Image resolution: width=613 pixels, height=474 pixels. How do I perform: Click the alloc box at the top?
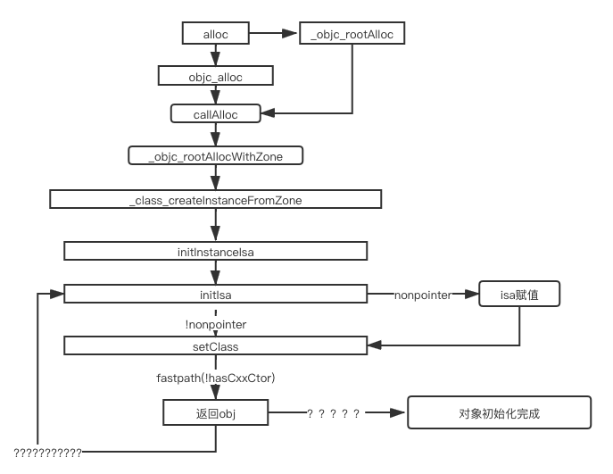pyautogui.click(x=215, y=35)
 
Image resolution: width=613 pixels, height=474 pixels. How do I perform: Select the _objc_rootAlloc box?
pyautogui.click(x=352, y=35)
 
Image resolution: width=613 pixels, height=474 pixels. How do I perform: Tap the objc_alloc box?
pyautogui.click(x=215, y=77)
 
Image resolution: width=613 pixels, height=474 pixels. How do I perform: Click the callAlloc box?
pyautogui.click(x=215, y=114)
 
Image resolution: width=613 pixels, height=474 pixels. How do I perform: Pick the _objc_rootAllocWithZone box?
pyautogui.click(x=215, y=156)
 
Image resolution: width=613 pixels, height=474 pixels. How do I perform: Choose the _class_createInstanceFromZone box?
pyautogui.click(x=215, y=200)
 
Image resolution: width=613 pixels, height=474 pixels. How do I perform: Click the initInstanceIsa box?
pyautogui.click(x=215, y=252)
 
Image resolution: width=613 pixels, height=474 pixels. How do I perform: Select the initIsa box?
pyautogui.click(x=215, y=294)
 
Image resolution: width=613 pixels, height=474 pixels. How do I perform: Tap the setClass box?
pyautogui.click(x=215, y=345)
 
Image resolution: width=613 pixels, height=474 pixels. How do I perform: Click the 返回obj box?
pyautogui.click(x=215, y=413)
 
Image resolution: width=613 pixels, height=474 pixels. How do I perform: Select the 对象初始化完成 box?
pyautogui.click(x=500, y=413)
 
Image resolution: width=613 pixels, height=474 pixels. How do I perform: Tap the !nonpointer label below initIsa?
pyautogui.click(x=215, y=323)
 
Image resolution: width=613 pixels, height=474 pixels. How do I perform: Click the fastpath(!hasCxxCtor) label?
pyautogui.click(x=216, y=378)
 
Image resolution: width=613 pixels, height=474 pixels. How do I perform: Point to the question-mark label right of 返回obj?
pyautogui.click(x=335, y=413)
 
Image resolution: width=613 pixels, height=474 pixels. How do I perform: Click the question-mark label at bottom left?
pyautogui.click(x=48, y=453)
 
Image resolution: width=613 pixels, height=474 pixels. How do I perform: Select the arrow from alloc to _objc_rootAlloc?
pyautogui.click(x=273, y=35)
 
